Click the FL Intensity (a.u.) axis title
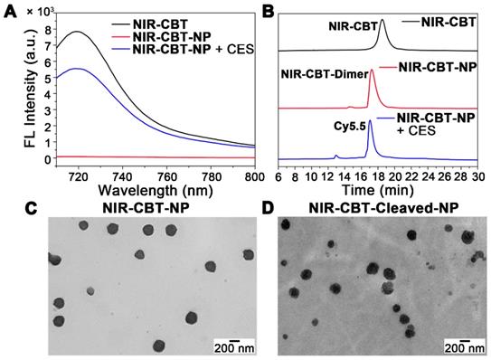13,92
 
